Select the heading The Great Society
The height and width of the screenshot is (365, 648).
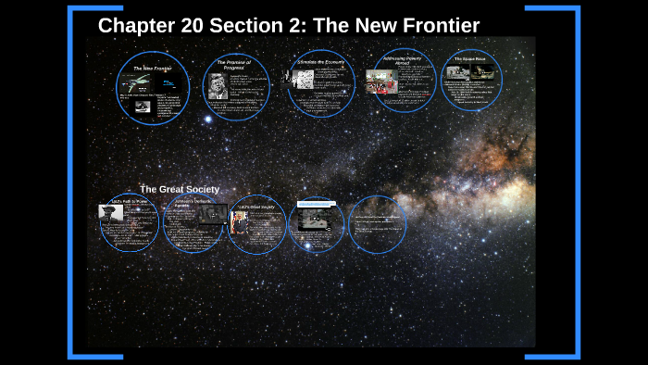(x=180, y=189)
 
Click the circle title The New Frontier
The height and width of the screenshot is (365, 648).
(x=152, y=69)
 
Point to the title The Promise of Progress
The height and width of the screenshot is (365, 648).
(x=234, y=65)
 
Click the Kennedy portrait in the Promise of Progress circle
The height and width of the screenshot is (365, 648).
(x=218, y=83)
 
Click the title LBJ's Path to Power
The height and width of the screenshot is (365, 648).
(x=131, y=201)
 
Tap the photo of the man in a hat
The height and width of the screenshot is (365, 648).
(x=110, y=211)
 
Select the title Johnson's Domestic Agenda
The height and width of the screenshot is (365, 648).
(x=194, y=203)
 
